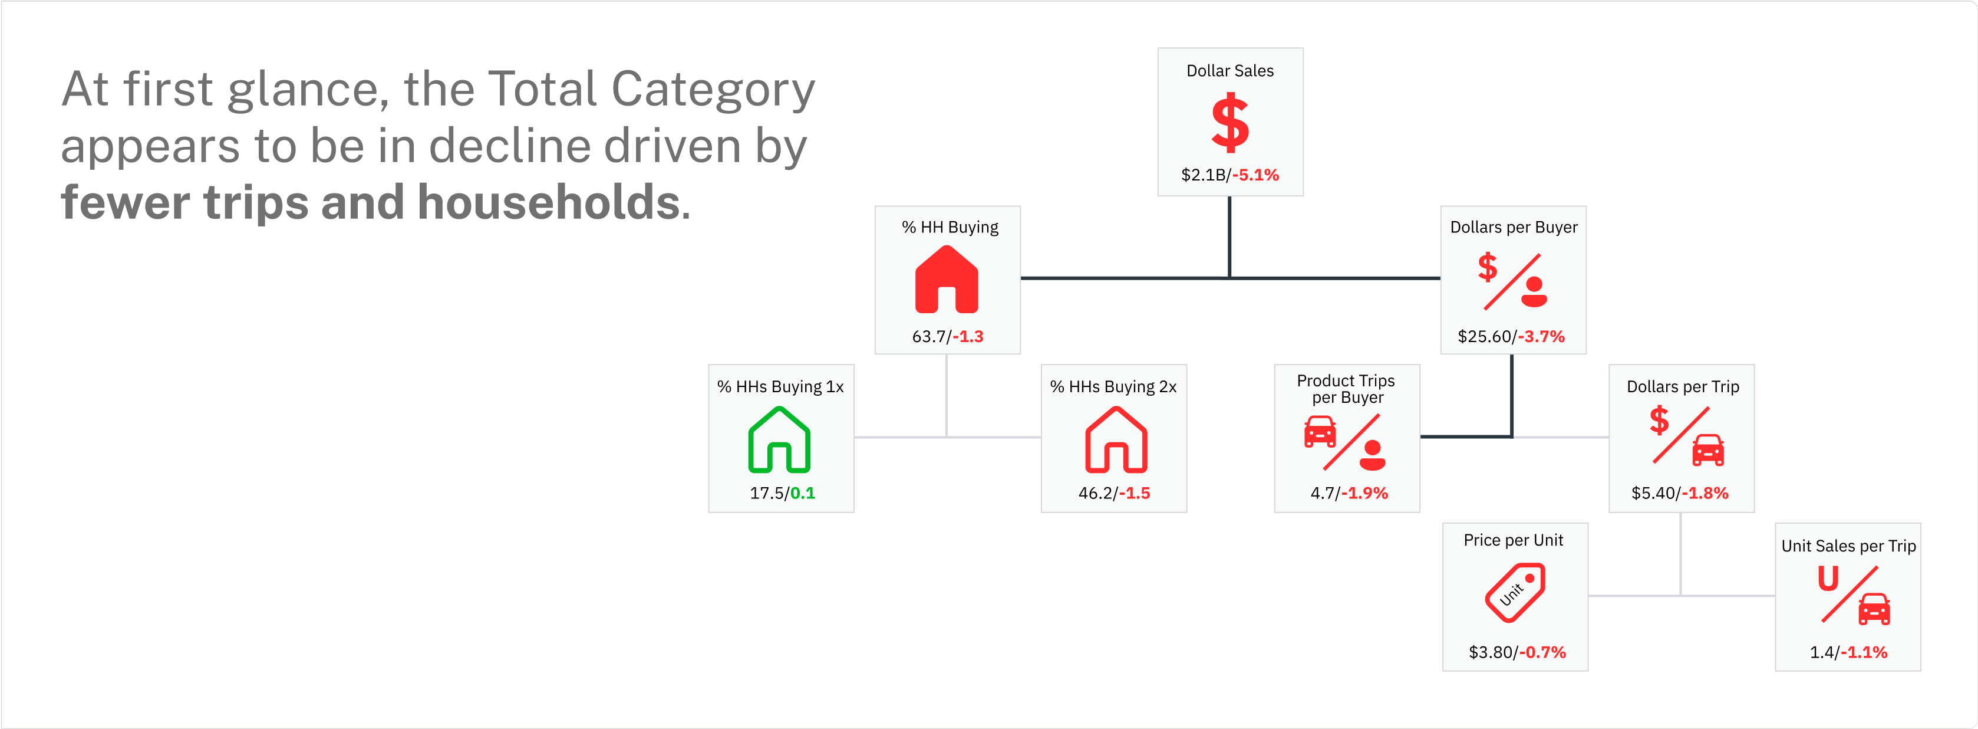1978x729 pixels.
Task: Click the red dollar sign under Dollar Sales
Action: point(1230,122)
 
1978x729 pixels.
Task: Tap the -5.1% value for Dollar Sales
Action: point(1255,175)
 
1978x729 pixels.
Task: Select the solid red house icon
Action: point(947,279)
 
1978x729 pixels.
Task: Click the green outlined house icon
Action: point(779,439)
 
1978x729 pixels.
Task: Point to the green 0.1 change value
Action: point(802,493)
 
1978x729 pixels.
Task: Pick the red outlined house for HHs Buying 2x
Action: point(1116,439)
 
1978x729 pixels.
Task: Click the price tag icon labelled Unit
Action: point(1514,592)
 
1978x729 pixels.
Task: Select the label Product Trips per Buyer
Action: point(1346,389)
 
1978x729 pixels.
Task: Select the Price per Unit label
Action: point(1514,540)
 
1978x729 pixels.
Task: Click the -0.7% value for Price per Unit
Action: point(1542,652)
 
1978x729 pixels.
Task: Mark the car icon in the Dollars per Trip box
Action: point(1709,450)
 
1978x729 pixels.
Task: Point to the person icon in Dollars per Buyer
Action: point(1534,292)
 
